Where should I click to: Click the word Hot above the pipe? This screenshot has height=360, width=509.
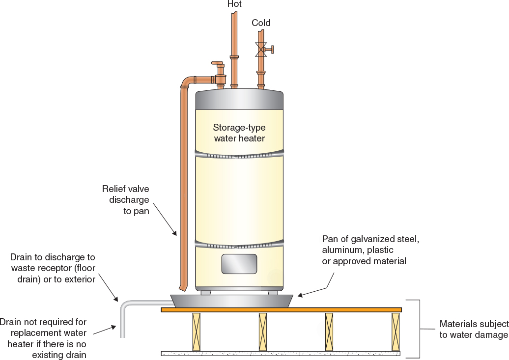tap(234, 4)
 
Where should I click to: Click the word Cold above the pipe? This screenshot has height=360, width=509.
tap(261, 23)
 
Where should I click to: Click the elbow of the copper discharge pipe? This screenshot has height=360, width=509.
tap(186, 82)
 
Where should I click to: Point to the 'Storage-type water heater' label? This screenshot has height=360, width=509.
tap(239, 133)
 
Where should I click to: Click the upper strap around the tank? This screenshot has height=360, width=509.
tap(239, 155)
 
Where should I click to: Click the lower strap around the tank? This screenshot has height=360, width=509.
tap(239, 242)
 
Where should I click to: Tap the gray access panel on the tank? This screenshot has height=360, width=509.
tap(239, 264)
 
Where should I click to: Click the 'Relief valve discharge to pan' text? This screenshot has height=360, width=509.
tap(125, 200)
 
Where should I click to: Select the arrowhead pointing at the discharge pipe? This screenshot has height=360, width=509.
tap(174, 234)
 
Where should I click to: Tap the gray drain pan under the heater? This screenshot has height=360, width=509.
tap(231, 301)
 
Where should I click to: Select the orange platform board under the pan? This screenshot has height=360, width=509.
tap(281, 310)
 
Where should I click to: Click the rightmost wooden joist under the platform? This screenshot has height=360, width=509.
tap(396, 332)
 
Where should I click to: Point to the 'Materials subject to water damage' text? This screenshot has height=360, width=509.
tap(473, 330)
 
